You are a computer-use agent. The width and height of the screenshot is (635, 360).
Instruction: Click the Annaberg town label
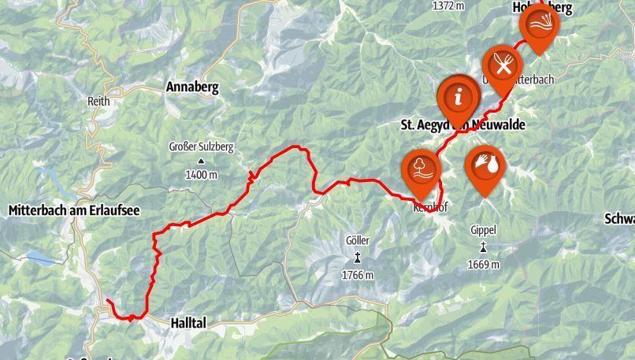click(192, 87)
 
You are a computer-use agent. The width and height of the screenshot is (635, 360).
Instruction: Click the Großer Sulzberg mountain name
click(201, 147)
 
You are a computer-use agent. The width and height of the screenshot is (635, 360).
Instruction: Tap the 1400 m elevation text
click(201, 174)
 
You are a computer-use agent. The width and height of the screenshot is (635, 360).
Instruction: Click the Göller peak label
click(357, 240)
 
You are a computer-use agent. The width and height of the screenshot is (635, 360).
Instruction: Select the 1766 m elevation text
click(358, 275)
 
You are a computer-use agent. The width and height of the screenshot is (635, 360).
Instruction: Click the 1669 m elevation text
click(483, 265)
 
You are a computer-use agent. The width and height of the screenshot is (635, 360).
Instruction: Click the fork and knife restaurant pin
click(502, 63)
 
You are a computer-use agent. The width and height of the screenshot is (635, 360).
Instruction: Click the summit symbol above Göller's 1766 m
click(358, 257)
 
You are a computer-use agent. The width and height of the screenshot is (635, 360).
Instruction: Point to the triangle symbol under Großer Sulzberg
click(201, 161)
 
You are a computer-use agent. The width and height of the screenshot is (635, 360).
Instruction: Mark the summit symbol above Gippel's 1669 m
click(483, 246)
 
